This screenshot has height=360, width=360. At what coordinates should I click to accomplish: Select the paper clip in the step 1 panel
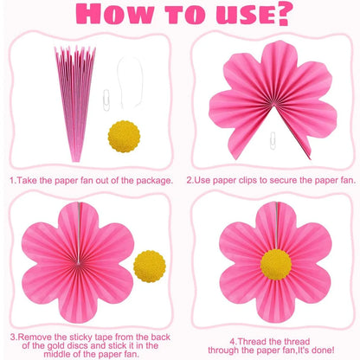point(106,100)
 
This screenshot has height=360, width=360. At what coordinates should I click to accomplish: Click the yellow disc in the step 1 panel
point(124,137)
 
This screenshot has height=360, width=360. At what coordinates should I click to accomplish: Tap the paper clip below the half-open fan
point(273,141)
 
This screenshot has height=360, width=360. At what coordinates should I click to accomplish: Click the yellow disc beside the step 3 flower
point(150,267)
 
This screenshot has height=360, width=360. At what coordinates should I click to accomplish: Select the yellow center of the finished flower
point(276,265)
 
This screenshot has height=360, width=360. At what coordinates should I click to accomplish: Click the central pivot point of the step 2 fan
point(273,105)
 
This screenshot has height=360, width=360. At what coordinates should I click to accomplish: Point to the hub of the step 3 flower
point(78,262)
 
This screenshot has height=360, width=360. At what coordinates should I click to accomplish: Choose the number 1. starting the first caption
point(12,181)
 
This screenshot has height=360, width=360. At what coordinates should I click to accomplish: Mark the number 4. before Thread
point(234,342)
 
